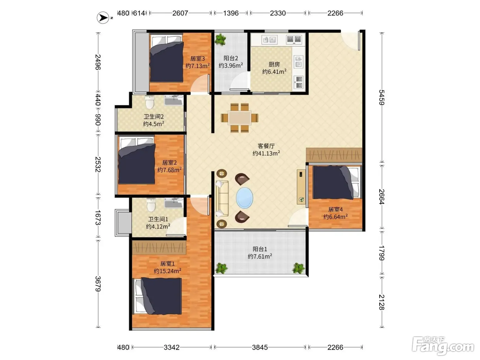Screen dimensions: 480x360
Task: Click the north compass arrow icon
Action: tap(103, 17)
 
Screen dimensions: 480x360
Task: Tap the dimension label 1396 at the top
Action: tap(231, 13)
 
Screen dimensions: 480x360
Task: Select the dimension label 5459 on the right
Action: tap(382, 97)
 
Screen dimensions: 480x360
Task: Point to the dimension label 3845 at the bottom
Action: tap(260, 347)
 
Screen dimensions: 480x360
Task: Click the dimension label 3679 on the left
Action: tap(98, 284)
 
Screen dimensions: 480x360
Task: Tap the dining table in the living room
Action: tap(239, 118)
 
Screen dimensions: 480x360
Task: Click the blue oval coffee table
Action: tap(244, 198)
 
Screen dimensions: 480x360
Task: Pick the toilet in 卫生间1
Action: tap(151, 205)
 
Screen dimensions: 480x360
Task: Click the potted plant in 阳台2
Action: tap(220, 39)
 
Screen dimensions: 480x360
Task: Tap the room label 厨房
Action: tap(274, 64)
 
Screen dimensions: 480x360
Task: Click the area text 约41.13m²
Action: tap(266, 153)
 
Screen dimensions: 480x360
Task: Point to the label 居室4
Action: tap(335, 209)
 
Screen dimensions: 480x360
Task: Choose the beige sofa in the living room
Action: tap(222, 199)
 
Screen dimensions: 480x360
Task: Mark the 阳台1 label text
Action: tap(260, 249)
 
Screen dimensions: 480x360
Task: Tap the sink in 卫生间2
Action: tap(174, 100)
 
